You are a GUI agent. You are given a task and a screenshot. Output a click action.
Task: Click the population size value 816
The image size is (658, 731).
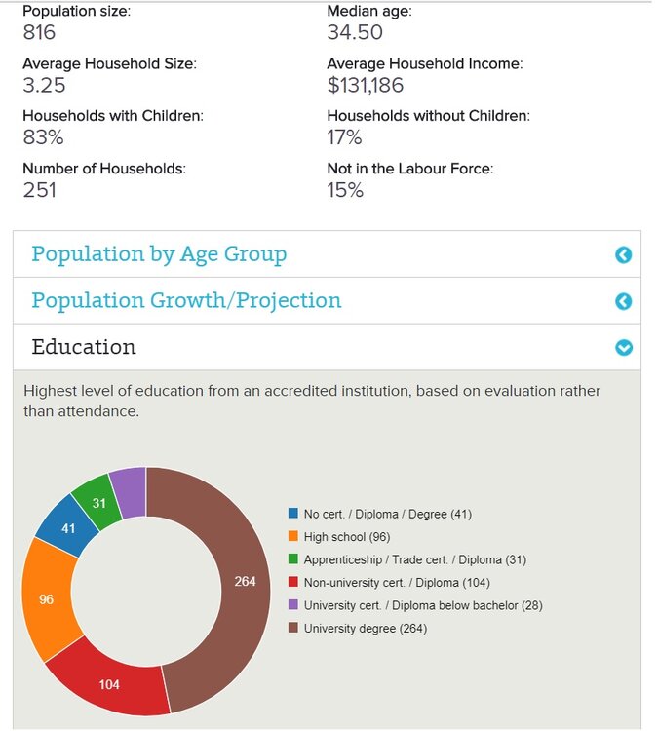(39, 32)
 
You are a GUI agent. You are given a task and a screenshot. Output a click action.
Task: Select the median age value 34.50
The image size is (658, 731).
(355, 32)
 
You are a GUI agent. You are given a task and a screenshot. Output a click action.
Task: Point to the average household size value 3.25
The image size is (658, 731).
(44, 85)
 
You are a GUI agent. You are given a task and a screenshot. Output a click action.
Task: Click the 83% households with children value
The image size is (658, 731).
(42, 137)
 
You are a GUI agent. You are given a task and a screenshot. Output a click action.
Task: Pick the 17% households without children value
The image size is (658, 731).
(344, 137)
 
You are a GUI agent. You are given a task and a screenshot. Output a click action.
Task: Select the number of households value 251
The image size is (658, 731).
(39, 190)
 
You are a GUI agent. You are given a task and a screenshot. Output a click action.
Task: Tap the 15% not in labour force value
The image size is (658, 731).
(345, 190)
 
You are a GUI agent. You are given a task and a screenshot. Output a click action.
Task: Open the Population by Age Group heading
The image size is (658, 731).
(159, 254)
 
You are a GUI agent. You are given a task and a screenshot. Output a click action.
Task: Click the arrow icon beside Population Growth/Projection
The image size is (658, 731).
(624, 301)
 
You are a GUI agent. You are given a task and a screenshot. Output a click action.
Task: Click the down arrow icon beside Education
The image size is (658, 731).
(624, 348)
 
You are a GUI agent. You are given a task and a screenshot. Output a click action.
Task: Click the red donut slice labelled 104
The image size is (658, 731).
(109, 683)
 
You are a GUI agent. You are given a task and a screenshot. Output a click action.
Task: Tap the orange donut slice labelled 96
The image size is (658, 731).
(48, 598)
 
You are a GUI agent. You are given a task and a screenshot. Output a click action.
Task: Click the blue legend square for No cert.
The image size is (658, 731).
(292, 514)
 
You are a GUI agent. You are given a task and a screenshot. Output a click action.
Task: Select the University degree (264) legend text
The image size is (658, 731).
(365, 629)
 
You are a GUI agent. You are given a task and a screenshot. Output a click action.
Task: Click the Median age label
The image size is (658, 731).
(369, 11)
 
